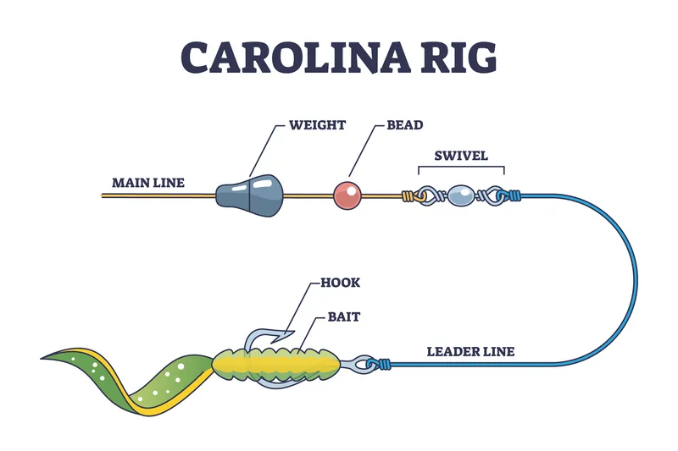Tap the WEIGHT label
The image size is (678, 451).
pos(317,125)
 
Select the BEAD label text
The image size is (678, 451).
pos(405,125)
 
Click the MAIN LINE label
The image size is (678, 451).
pos(148,182)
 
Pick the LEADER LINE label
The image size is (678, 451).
pos(470,351)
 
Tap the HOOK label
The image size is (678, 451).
pos(341,283)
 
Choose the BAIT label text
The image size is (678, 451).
pos(344,316)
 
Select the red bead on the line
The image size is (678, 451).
pos(347,195)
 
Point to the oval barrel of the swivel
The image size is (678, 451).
pos(462,196)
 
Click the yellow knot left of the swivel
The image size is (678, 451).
pos(409,196)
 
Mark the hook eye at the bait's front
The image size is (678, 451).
pos(361,364)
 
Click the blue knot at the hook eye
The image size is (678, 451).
pos(386,366)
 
